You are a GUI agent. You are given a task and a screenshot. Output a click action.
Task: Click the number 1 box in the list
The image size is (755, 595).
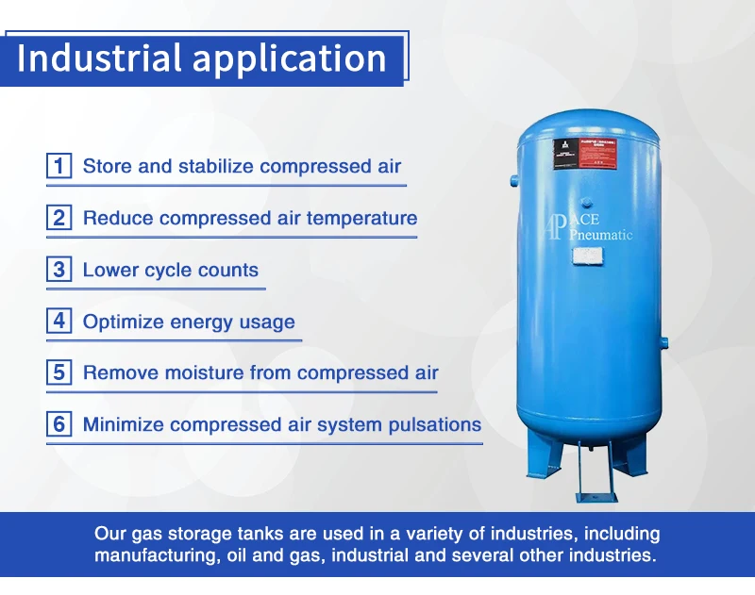pyautogui.click(x=59, y=167)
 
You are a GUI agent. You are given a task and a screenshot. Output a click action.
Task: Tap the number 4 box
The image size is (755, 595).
pyautogui.click(x=59, y=322)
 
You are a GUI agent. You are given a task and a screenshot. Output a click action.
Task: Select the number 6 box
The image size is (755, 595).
pyautogui.click(x=59, y=424)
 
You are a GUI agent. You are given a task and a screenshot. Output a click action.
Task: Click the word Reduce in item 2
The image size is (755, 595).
pyautogui.click(x=118, y=218)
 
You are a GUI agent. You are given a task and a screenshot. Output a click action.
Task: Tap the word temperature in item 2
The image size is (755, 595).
pyautogui.click(x=361, y=219)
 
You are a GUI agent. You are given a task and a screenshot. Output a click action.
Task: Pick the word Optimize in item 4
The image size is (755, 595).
pyautogui.click(x=123, y=322)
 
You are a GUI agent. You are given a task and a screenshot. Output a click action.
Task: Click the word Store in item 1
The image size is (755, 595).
pyautogui.click(x=107, y=167)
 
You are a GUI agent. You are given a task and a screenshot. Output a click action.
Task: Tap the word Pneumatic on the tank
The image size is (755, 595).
pyautogui.click(x=599, y=235)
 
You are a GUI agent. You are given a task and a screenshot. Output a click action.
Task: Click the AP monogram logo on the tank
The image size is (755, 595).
pyautogui.click(x=555, y=227)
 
